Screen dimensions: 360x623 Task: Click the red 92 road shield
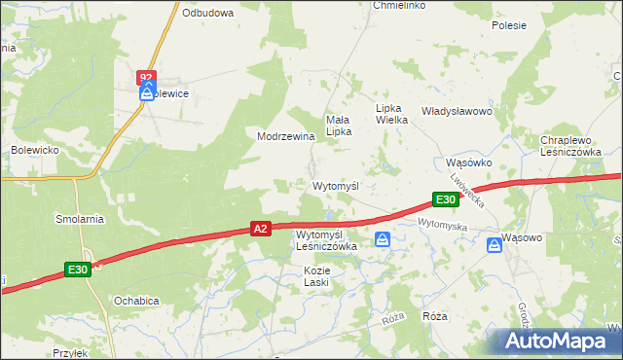tap(146, 76)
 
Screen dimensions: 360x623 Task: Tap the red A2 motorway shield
tap(260, 229)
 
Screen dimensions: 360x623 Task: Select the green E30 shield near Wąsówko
tap(445, 199)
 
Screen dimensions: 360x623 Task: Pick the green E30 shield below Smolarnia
tap(79, 269)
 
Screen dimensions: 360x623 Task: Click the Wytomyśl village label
tap(336, 185)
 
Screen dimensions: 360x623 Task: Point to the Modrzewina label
tap(285, 137)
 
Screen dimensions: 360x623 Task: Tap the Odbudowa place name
tap(208, 13)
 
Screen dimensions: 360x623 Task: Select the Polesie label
tap(508, 25)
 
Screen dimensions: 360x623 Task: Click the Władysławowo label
tap(457, 111)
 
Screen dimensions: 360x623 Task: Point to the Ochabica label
tap(135, 301)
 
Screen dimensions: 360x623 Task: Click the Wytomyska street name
tap(443, 225)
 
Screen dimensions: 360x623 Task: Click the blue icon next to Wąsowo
tap(495, 246)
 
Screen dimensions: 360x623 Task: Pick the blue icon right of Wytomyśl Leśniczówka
tap(384, 239)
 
